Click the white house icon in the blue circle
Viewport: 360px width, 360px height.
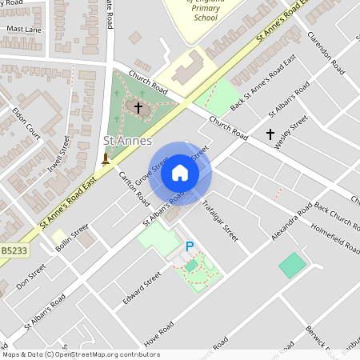point(180,173)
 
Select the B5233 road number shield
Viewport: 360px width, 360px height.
point(13,251)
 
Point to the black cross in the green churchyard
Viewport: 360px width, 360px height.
point(138,106)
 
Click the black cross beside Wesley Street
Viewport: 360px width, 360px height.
point(270,134)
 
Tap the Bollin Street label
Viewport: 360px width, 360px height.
point(73,239)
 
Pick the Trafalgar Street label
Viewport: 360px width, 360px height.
point(220,220)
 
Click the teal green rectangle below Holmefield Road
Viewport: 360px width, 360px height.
point(292,265)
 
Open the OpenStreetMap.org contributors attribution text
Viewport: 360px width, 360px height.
point(114,354)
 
